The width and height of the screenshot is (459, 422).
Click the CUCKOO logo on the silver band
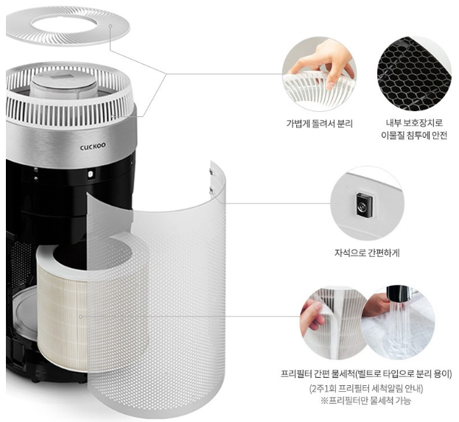93,147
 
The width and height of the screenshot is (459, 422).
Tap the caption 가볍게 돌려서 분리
319,124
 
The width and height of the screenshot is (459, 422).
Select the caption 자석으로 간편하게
367,253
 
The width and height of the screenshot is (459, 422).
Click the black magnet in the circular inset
365,205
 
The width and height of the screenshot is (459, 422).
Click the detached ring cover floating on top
68,27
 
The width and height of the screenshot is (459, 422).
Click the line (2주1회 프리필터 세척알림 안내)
366,389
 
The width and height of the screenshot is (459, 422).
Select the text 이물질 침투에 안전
414,136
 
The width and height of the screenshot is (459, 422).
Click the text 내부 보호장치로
414,123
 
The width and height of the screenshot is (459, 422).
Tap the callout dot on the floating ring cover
111,26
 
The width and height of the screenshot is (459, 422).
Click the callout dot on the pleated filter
80,317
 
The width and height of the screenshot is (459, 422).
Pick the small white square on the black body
90,174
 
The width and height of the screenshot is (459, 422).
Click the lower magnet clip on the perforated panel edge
211,190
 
